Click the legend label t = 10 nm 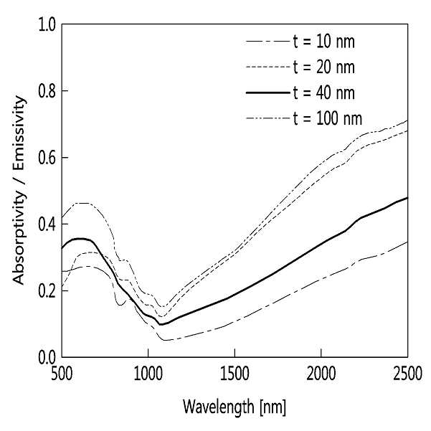pos(324,42)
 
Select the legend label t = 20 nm pos(324,67)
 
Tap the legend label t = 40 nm pos(324,93)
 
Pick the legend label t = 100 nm pos(328,118)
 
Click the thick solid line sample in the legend pos(268,93)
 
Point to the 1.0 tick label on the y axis pos(47,24)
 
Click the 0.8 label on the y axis pos(47,91)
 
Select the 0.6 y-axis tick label pos(47,158)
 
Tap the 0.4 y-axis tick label pos(47,224)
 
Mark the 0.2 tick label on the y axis pos(47,291)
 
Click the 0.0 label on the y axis pos(47,358)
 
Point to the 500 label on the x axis pos(62,374)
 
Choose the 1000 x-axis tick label pos(148,374)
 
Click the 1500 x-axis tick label pos(235,374)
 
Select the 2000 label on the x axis pos(321,374)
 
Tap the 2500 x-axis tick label pos(407,374)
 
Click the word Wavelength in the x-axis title pos(219,407)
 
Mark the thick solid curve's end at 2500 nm pos(407,198)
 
